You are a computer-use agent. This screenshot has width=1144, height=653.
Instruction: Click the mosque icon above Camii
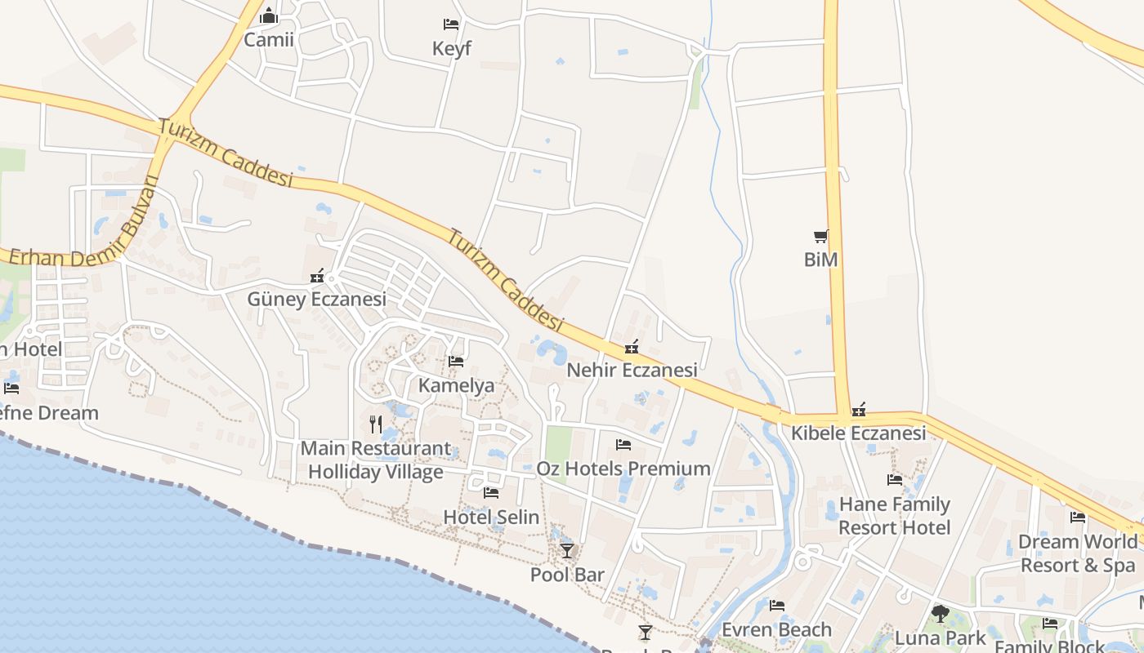(269, 16)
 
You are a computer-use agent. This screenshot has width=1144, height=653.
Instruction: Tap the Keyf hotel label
(451, 49)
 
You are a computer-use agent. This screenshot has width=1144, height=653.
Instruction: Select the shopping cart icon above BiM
(820, 237)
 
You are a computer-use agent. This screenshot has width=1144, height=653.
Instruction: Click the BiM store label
(820, 260)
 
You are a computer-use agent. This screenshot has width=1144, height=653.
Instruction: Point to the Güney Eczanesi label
(316, 300)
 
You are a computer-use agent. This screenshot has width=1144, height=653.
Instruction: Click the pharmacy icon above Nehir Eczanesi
(631, 348)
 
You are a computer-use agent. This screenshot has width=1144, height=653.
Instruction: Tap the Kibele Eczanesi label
(858, 433)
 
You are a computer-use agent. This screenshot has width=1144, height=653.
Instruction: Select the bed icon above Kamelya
(456, 362)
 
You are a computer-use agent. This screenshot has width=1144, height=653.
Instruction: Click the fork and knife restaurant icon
(376, 424)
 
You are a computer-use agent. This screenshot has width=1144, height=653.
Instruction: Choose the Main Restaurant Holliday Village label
(376, 460)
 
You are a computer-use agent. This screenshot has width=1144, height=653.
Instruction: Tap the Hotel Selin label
(491, 518)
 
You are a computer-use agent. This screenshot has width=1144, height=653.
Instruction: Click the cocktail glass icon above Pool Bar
(567, 551)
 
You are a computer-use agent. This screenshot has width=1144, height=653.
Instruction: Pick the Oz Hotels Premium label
(623, 469)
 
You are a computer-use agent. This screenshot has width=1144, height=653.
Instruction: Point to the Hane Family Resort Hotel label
(895, 516)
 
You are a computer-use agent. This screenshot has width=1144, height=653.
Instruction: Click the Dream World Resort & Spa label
(1077, 553)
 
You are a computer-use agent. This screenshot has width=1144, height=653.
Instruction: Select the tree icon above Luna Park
(940, 613)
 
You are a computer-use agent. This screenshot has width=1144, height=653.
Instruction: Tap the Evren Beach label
(776, 630)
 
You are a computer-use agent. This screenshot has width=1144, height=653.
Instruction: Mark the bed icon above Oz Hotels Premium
(623, 445)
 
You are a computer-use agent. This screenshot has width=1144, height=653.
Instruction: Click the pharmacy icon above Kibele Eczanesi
(858, 410)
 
